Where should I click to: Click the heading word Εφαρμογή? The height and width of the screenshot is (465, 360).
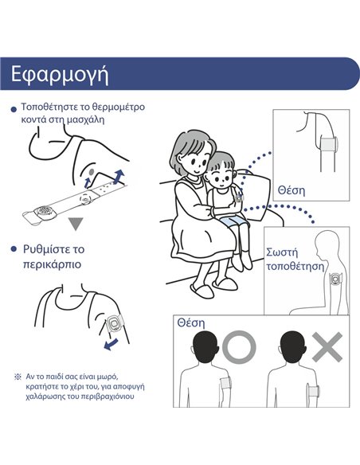60,75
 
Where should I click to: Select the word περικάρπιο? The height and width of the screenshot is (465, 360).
53,264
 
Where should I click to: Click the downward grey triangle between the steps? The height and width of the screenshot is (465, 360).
76,224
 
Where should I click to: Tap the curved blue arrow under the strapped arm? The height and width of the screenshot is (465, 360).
111,345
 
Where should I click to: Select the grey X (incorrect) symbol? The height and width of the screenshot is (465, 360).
327,346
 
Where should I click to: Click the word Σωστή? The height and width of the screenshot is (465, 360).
282,252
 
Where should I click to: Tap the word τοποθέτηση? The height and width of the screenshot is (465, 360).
295,266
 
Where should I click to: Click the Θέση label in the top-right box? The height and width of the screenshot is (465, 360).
292,190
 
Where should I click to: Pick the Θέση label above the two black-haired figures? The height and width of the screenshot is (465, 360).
191,322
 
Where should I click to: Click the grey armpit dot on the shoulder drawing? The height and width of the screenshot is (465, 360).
92,171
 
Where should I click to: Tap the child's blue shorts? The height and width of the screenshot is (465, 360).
235,221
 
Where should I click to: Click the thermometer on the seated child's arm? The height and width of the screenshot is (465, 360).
239,197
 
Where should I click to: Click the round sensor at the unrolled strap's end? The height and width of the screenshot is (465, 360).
45,211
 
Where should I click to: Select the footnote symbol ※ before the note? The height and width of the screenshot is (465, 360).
18,377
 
